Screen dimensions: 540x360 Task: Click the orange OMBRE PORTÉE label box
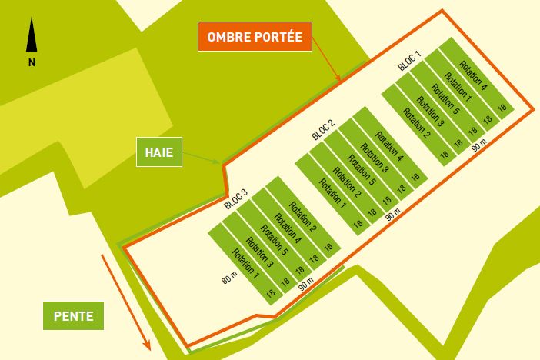tap(255, 36)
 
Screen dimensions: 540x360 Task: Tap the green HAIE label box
tap(159, 152)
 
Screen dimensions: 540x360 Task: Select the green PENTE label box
tap(74, 315)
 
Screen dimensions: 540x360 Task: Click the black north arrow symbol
tap(32, 36)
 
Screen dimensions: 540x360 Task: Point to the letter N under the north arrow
tap(32, 63)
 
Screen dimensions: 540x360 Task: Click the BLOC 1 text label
tap(409, 61)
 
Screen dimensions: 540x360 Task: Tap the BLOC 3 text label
tap(235, 199)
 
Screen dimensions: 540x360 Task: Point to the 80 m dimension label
tap(228, 279)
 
